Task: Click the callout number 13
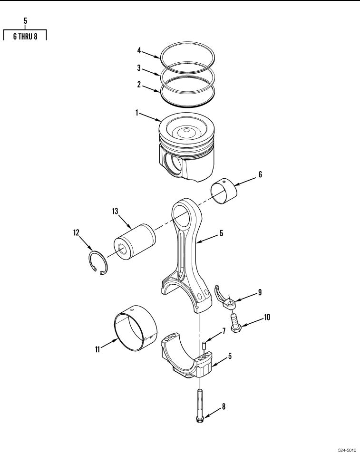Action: (x=115, y=211)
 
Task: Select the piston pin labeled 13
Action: (x=135, y=241)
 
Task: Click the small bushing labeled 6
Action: (x=224, y=191)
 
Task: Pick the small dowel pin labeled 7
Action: (x=204, y=345)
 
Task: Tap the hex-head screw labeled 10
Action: (x=235, y=324)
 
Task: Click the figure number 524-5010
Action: (x=347, y=450)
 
